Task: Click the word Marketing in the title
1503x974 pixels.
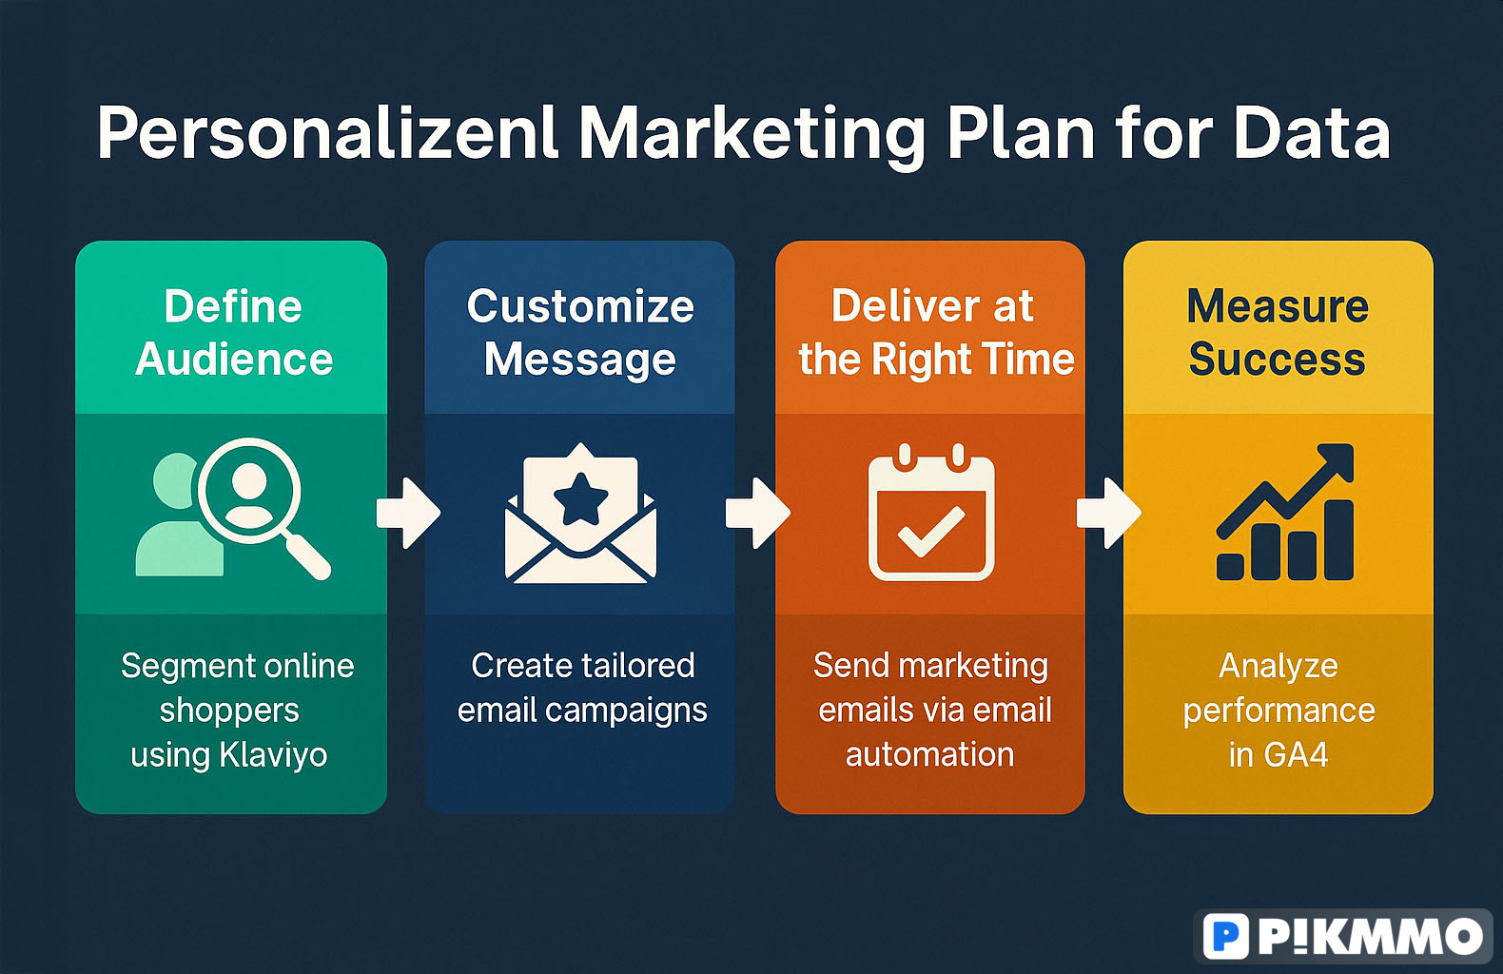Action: (x=752, y=136)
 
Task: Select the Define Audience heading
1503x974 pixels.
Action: (x=233, y=332)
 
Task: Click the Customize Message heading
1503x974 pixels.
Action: (x=580, y=334)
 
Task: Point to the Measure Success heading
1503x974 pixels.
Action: (x=1278, y=332)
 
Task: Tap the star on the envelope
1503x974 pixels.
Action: (x=581, y=498)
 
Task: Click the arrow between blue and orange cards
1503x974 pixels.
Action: (x=758, y=514)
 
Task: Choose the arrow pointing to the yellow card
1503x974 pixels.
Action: (x=1108, y=514)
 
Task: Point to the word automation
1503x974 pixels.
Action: (x=929, y=754)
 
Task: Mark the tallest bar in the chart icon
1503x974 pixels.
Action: (x=1338, y=540)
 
